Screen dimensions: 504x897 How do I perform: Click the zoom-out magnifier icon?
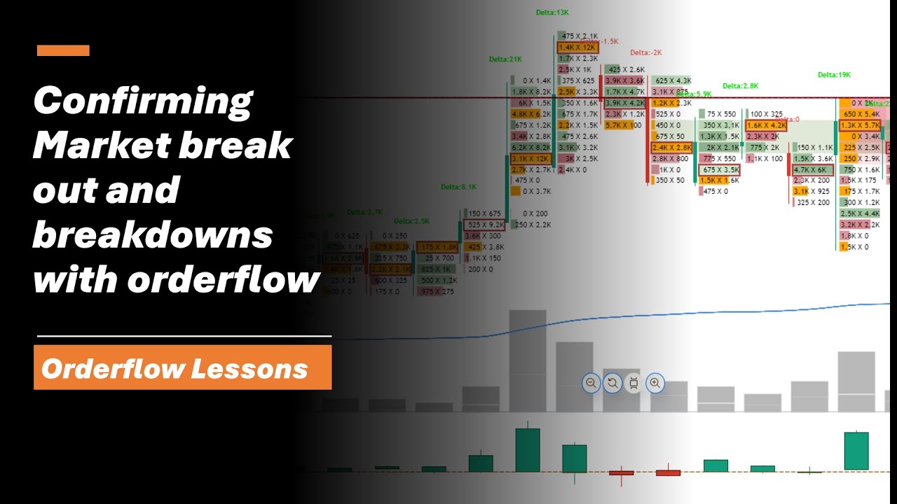click(591, 383)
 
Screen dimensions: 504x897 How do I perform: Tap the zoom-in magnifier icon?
click(655, 383)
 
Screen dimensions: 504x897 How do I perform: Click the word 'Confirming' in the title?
click(142, 102)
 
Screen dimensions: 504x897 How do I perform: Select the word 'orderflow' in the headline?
click(224, 280)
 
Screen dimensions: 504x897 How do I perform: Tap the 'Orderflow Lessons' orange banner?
click(183, 367)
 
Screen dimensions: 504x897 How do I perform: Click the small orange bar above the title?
click(63, 50)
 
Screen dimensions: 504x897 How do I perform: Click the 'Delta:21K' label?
click(506, 59)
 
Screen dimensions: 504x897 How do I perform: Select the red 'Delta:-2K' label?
click(645, 52)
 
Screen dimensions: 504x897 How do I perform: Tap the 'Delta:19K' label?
click(834, 75)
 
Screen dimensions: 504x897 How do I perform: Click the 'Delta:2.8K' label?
click(741, 86)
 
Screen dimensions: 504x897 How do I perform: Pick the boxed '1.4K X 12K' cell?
click(578, 48)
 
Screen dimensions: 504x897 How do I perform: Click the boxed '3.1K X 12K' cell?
click(531, 159)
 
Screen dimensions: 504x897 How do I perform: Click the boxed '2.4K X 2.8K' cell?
click(672, 148)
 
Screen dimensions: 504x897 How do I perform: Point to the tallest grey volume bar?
click(527, 360)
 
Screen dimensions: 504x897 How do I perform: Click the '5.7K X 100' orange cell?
click(623, 125)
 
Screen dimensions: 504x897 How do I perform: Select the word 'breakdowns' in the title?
click(153, 235)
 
